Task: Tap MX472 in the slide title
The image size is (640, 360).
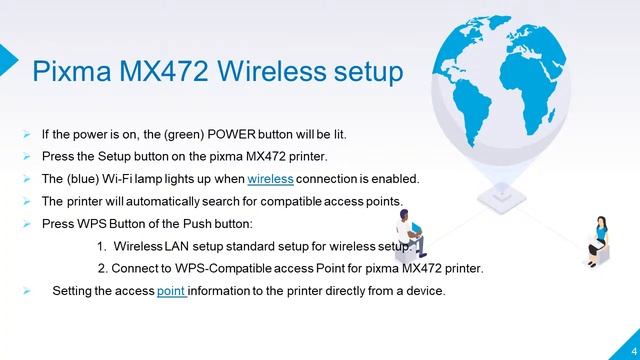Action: (161, 72)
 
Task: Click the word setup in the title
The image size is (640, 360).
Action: (370, 72)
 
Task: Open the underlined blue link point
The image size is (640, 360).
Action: (173, 291)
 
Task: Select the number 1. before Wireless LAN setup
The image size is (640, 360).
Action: (102, 246)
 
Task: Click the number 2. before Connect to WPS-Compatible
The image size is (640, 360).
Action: (103, 268)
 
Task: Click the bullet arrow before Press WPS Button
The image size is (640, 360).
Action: (26, 224)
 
